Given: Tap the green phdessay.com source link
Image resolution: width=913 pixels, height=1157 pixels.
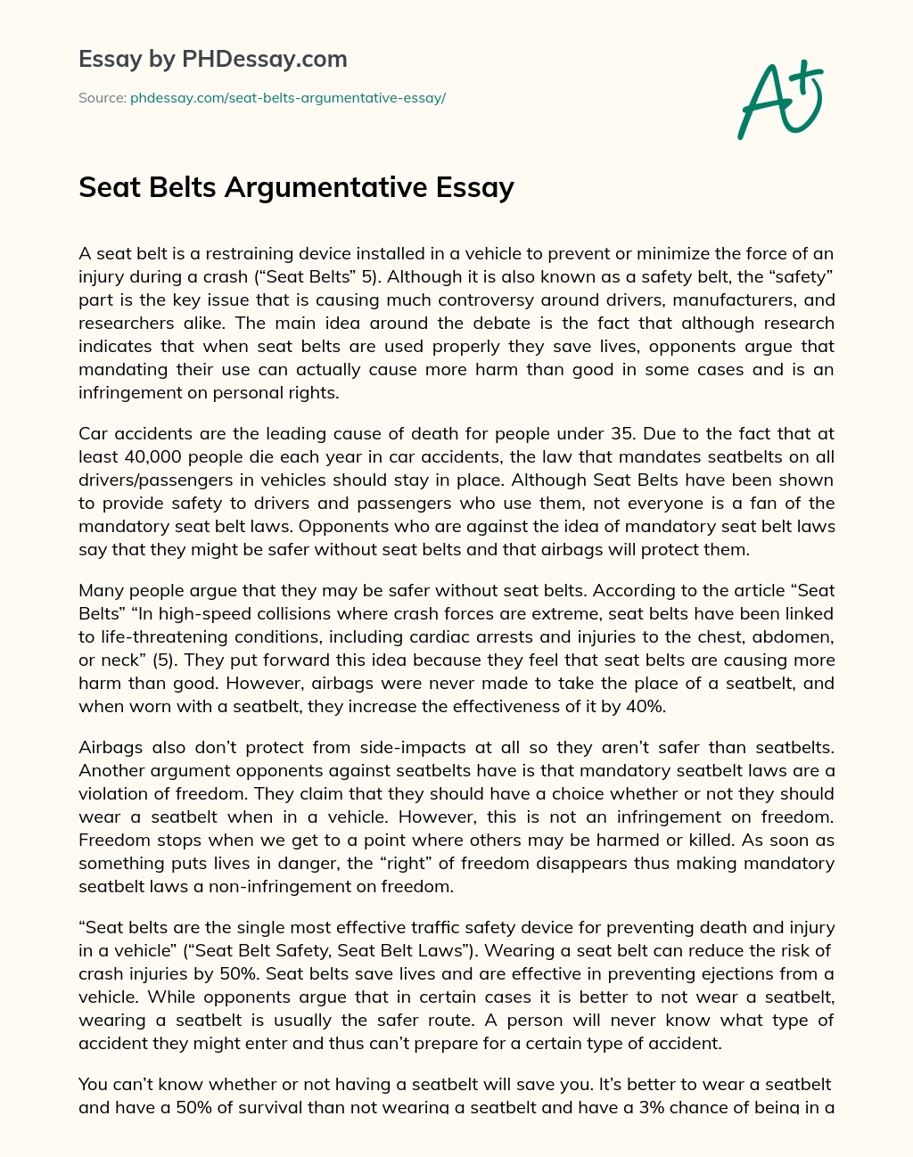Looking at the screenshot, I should pos(287,98).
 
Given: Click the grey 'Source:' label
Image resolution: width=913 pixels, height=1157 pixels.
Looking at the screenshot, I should pos(102,98).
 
